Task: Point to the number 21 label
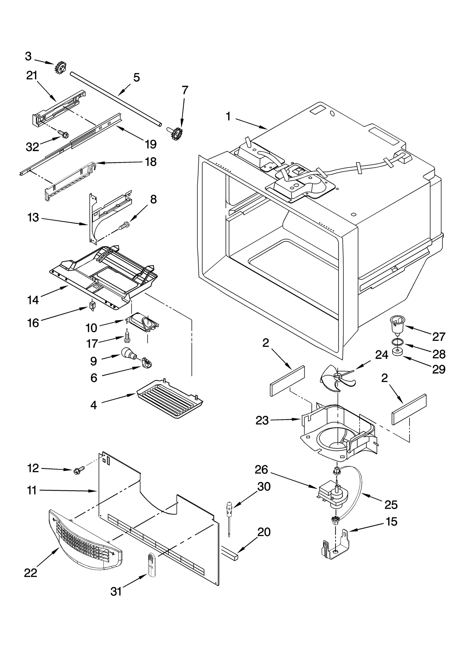(32, 76)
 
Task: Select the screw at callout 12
(79, 470)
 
